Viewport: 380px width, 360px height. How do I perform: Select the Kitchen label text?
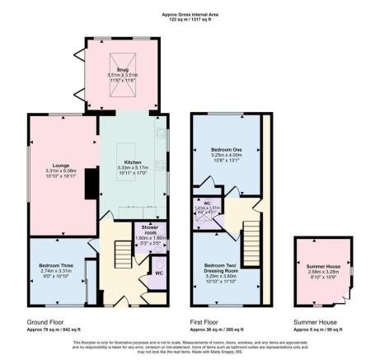[132, 161]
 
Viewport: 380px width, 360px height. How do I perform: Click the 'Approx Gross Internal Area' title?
[190, 14]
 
